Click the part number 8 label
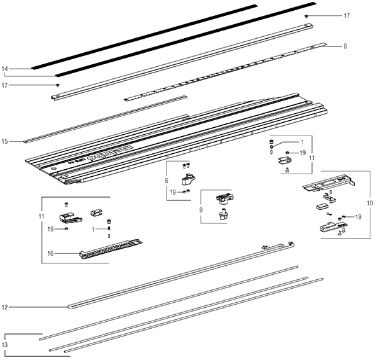pos(345,46)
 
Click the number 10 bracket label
pos(370,203)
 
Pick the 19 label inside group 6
pos(172,191)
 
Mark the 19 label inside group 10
pos(358,217)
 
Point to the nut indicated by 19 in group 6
pos(184,191)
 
